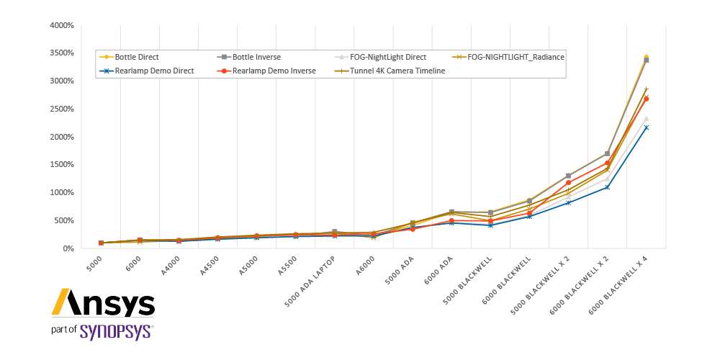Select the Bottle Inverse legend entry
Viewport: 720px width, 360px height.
coord(248,57)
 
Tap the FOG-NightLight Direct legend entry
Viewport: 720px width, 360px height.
coord(380,57)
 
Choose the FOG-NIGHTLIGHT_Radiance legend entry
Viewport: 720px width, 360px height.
coord(508,57)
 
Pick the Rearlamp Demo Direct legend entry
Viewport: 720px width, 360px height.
coord(146,71)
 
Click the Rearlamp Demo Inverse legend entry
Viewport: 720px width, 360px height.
coord(266,71)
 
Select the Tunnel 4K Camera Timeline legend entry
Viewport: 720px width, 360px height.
coord(390,71)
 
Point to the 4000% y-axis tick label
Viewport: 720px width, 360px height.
coord(61,25)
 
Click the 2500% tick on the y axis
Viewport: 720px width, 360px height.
coord(61,109)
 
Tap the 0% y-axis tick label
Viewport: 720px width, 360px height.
coord(68,248)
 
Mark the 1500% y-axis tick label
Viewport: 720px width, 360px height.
coord(61,164)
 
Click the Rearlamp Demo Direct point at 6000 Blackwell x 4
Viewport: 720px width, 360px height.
coord(646,127)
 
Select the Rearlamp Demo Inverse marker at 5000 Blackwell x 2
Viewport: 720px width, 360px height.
coord(569,182)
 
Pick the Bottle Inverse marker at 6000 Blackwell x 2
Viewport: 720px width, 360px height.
coord(607,153)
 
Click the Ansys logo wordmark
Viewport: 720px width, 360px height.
coord(103,302)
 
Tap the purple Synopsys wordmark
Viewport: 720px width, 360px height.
coord(116,331)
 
